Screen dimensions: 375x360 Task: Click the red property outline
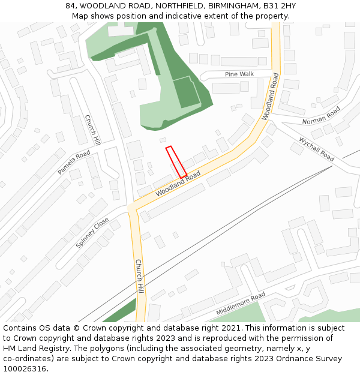point(176,162)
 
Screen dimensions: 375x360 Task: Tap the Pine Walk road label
point(239,74)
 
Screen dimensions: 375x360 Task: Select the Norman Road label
point(321,115)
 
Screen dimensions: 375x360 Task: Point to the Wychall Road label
point(316,149)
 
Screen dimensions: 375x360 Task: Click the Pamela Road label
point(74,163)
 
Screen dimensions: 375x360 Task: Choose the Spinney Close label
point(93,233)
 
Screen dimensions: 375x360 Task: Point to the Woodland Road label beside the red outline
point(178,184)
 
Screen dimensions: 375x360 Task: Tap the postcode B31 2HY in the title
point(280,6)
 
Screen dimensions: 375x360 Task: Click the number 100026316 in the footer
point(25,368)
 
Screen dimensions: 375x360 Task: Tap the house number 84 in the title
point(70,6)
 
